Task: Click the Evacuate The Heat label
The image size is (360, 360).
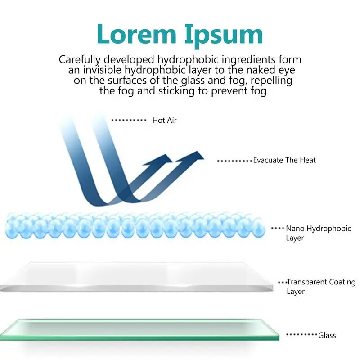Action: coord(284,160)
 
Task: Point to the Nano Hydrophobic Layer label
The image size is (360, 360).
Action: coord(318,233)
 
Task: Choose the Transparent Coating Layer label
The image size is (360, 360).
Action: coord(321,287)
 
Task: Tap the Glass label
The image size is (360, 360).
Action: coord(327,335)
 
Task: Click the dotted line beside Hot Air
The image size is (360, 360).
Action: coord(129,121)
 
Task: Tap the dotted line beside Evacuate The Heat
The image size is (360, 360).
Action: coord(234,161)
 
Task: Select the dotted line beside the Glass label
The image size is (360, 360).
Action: coord(301,335)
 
